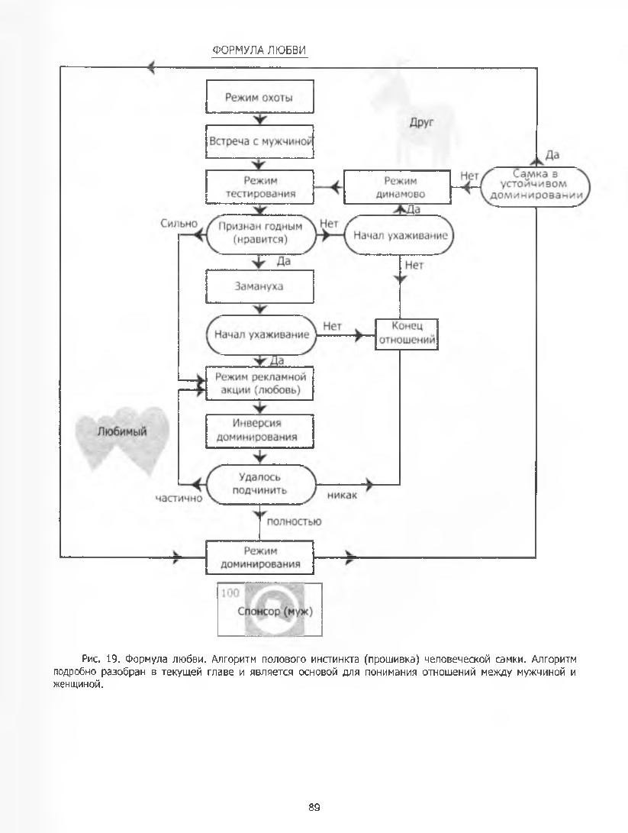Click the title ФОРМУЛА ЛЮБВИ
click(x=259, y=50)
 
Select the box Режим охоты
click(x=259, y=97)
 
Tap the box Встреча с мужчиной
click(x=259, y=141)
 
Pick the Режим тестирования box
click(x=259, y=187)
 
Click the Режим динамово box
click(x=398, y=187)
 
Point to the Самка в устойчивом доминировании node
click(x=536, y=184)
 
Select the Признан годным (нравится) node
click(x=260, y=233)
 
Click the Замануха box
click(x=259, y=286)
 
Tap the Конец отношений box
click(x=407, y=334)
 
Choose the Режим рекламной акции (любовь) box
click(x=259, y=383)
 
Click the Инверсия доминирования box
click(x=259, y=430)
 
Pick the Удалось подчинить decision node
click(x=260, y=484)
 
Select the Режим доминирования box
click(x=259, y=557)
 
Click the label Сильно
click(x=179, y=224)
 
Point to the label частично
click(x=179, y=499)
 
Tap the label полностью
click(x=294, y=521)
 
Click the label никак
click(x=343, y=495)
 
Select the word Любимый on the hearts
click(x=122, y=431)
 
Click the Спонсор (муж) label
click(x=275, y=611)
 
